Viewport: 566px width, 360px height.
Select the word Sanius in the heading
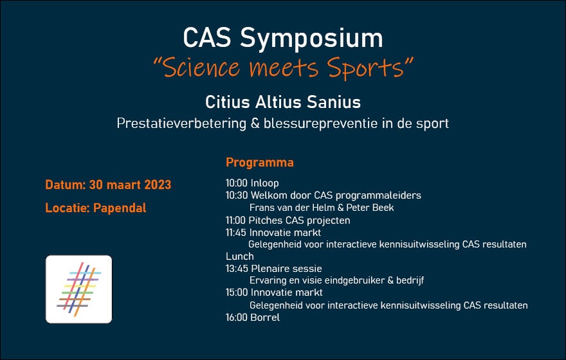(x=334, y=102)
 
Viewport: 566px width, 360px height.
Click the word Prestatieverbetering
(x=181, y=123)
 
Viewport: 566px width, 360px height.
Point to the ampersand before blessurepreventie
(x=255, y=123)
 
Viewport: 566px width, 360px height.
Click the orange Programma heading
(x=260, y=163)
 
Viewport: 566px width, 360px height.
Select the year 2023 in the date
(x=158, y=184)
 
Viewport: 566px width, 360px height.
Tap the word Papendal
(x=120, y=208)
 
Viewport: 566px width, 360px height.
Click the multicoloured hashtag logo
(x=78, y=289)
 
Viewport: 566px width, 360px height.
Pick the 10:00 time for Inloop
(x=237, y=183)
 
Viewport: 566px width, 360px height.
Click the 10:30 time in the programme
(x=237, y=195)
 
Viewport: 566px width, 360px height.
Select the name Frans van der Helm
(x=291, y=208)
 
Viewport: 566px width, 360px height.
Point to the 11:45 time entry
(x=235, y=232)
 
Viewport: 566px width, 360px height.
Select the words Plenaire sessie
(x=286, y=268)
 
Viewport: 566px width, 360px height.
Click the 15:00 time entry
(x=237, y=292)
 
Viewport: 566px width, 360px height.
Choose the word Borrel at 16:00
(x=265, y=318)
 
